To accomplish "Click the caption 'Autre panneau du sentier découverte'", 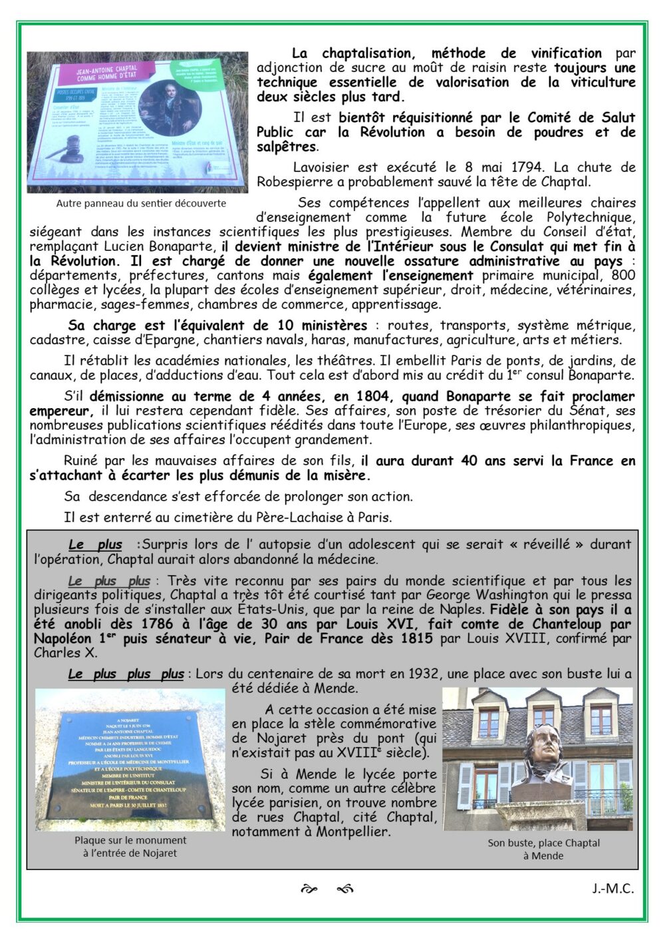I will pos(141,204).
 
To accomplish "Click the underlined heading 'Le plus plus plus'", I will pos(126,674).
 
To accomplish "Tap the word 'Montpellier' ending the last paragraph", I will pos(352,831).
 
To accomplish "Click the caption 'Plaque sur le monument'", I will pos(130,840).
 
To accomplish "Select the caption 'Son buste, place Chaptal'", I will pos(543,843).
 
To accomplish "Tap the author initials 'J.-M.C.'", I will pos(613,889).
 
